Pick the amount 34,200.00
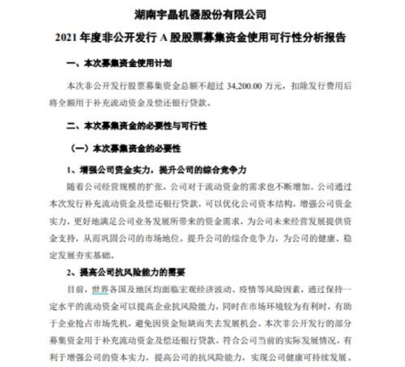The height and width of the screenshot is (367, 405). click(x=245, y=87)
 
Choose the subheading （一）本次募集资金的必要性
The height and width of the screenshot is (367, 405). click(x=125, y=149)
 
